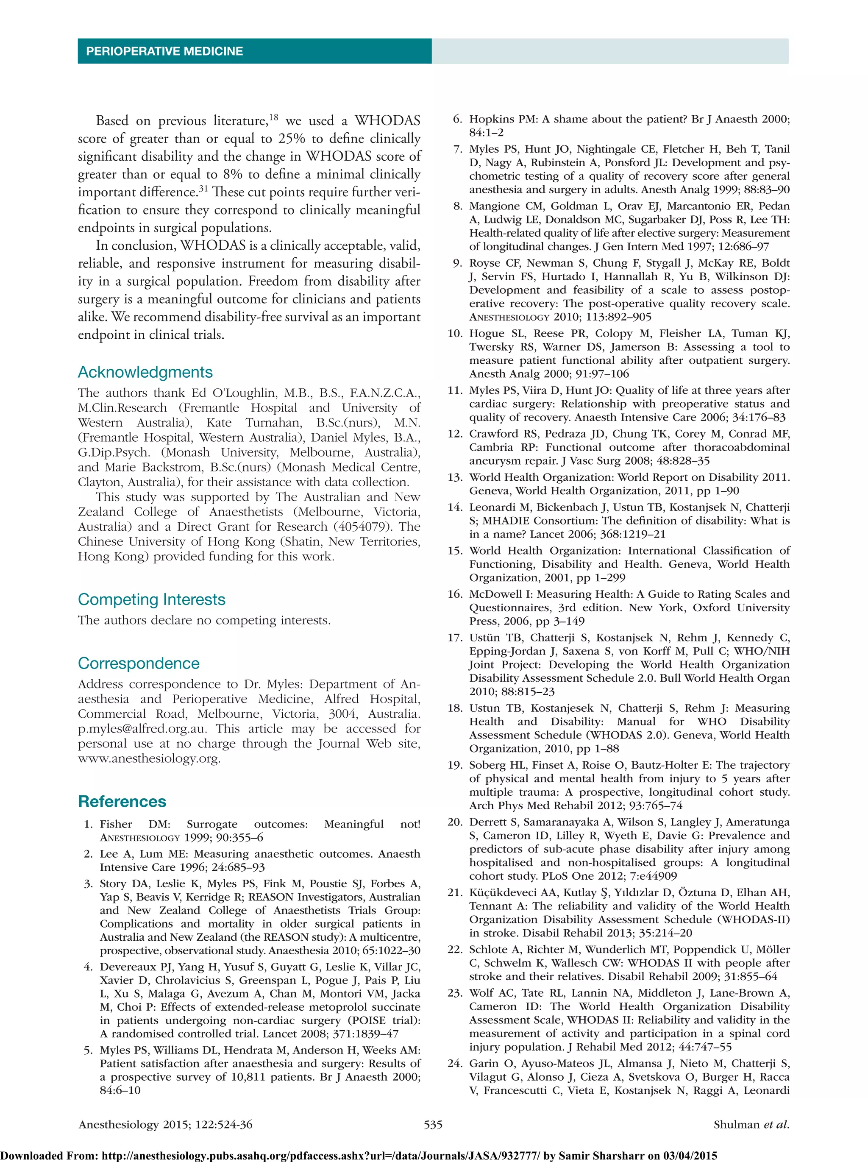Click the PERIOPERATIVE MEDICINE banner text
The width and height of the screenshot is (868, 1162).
pyautogui.click(x=164, y=51)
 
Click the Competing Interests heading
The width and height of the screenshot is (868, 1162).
pyautogui.click(x=151, y=599)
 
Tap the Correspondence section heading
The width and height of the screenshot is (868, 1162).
pyautogui.click(x=139, y=663)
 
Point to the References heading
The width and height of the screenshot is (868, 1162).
pyautogui.click(x=122, y=801)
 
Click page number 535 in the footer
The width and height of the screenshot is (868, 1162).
pyautogui.click(x=433, y=1125)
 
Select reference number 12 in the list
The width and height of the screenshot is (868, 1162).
pyautogui.click(x=454, y=434)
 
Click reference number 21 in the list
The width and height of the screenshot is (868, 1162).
pyautogui.click(x=454, y=892)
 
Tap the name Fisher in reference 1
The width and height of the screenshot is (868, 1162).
pyautogui.click(x=116, y=824)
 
